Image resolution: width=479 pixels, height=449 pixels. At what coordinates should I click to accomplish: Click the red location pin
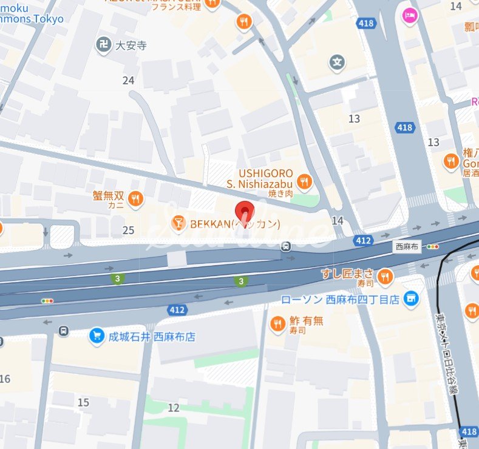tap(245, 212)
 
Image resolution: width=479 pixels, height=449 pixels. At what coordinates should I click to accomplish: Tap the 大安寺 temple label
tap(132, 45)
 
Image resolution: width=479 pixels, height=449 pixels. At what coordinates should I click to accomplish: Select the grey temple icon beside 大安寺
tap(103, 44)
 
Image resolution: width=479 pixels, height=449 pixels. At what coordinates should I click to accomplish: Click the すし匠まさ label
tap(347, 275)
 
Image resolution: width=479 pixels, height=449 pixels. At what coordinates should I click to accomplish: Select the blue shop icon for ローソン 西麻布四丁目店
tap(412, 299)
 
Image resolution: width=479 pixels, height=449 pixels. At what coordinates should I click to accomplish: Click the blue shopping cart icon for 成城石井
tap(95, 336)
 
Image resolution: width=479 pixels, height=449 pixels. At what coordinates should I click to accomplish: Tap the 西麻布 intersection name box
tap(406, 247)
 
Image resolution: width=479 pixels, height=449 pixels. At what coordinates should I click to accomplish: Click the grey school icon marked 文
tap(338, 61)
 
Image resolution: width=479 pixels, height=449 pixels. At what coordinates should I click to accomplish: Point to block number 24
tap(128, 80)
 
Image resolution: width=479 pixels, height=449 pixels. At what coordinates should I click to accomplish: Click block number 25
tap(128, 230)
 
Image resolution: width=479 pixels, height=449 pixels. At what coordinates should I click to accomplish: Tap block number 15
tap(83, 402)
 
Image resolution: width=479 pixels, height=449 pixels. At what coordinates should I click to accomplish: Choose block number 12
tap(174, 408)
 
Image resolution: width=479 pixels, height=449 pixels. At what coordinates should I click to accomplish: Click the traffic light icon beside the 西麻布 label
tap(432, 247)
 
